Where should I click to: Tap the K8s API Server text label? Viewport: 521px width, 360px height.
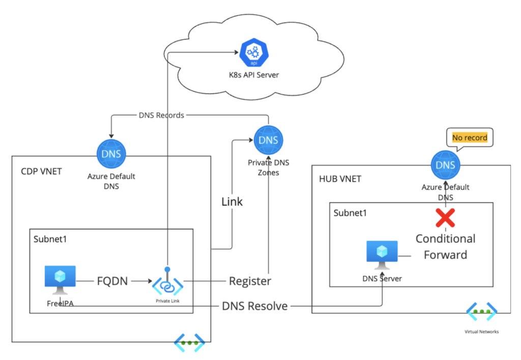[x=253, y=75]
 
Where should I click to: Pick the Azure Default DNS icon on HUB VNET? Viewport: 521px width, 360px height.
[x=445, y=165]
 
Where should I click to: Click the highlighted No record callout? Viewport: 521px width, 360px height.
[x=470, y=137]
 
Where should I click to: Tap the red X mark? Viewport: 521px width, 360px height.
[x=446, y=217]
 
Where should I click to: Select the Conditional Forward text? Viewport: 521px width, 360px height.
[x=445, y=246]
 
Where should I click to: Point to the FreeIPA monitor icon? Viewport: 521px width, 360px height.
[x=60, y=280]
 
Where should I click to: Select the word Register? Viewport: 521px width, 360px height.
[x=250, y=281]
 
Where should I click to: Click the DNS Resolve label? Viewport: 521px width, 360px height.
[x=255, y=307]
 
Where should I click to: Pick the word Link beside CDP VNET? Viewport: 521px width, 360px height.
[x=232, y=202]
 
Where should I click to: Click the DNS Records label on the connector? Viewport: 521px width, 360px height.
[x=161, y=115]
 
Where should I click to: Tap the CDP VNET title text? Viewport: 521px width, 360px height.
[x=41, y=171]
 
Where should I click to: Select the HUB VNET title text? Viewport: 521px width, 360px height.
[x=341, y=180]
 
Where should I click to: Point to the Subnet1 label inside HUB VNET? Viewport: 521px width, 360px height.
[x=350, y=213]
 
